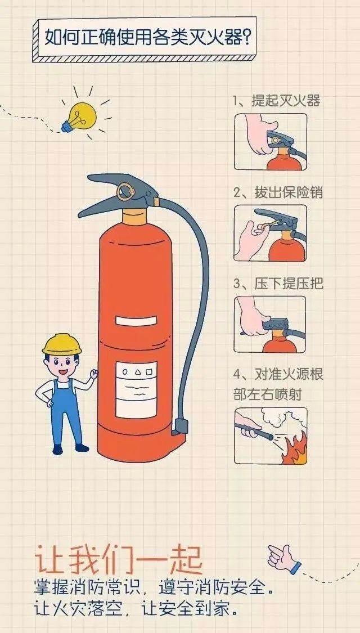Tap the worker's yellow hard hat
[x=62, y=344]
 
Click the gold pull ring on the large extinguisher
[x=125, y=192]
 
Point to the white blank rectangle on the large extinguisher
[x=136, y=321]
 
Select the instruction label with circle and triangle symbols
[x=136, y=389]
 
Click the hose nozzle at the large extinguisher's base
[x=181, y=427]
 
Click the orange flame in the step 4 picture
[x=295, y=449]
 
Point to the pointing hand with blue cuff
[x=285, y=558]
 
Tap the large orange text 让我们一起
[x=118, y=559]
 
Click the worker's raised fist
[x=94, y=374]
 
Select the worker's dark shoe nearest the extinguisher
[x=82, y=448]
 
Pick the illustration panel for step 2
[x=271, y=233]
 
